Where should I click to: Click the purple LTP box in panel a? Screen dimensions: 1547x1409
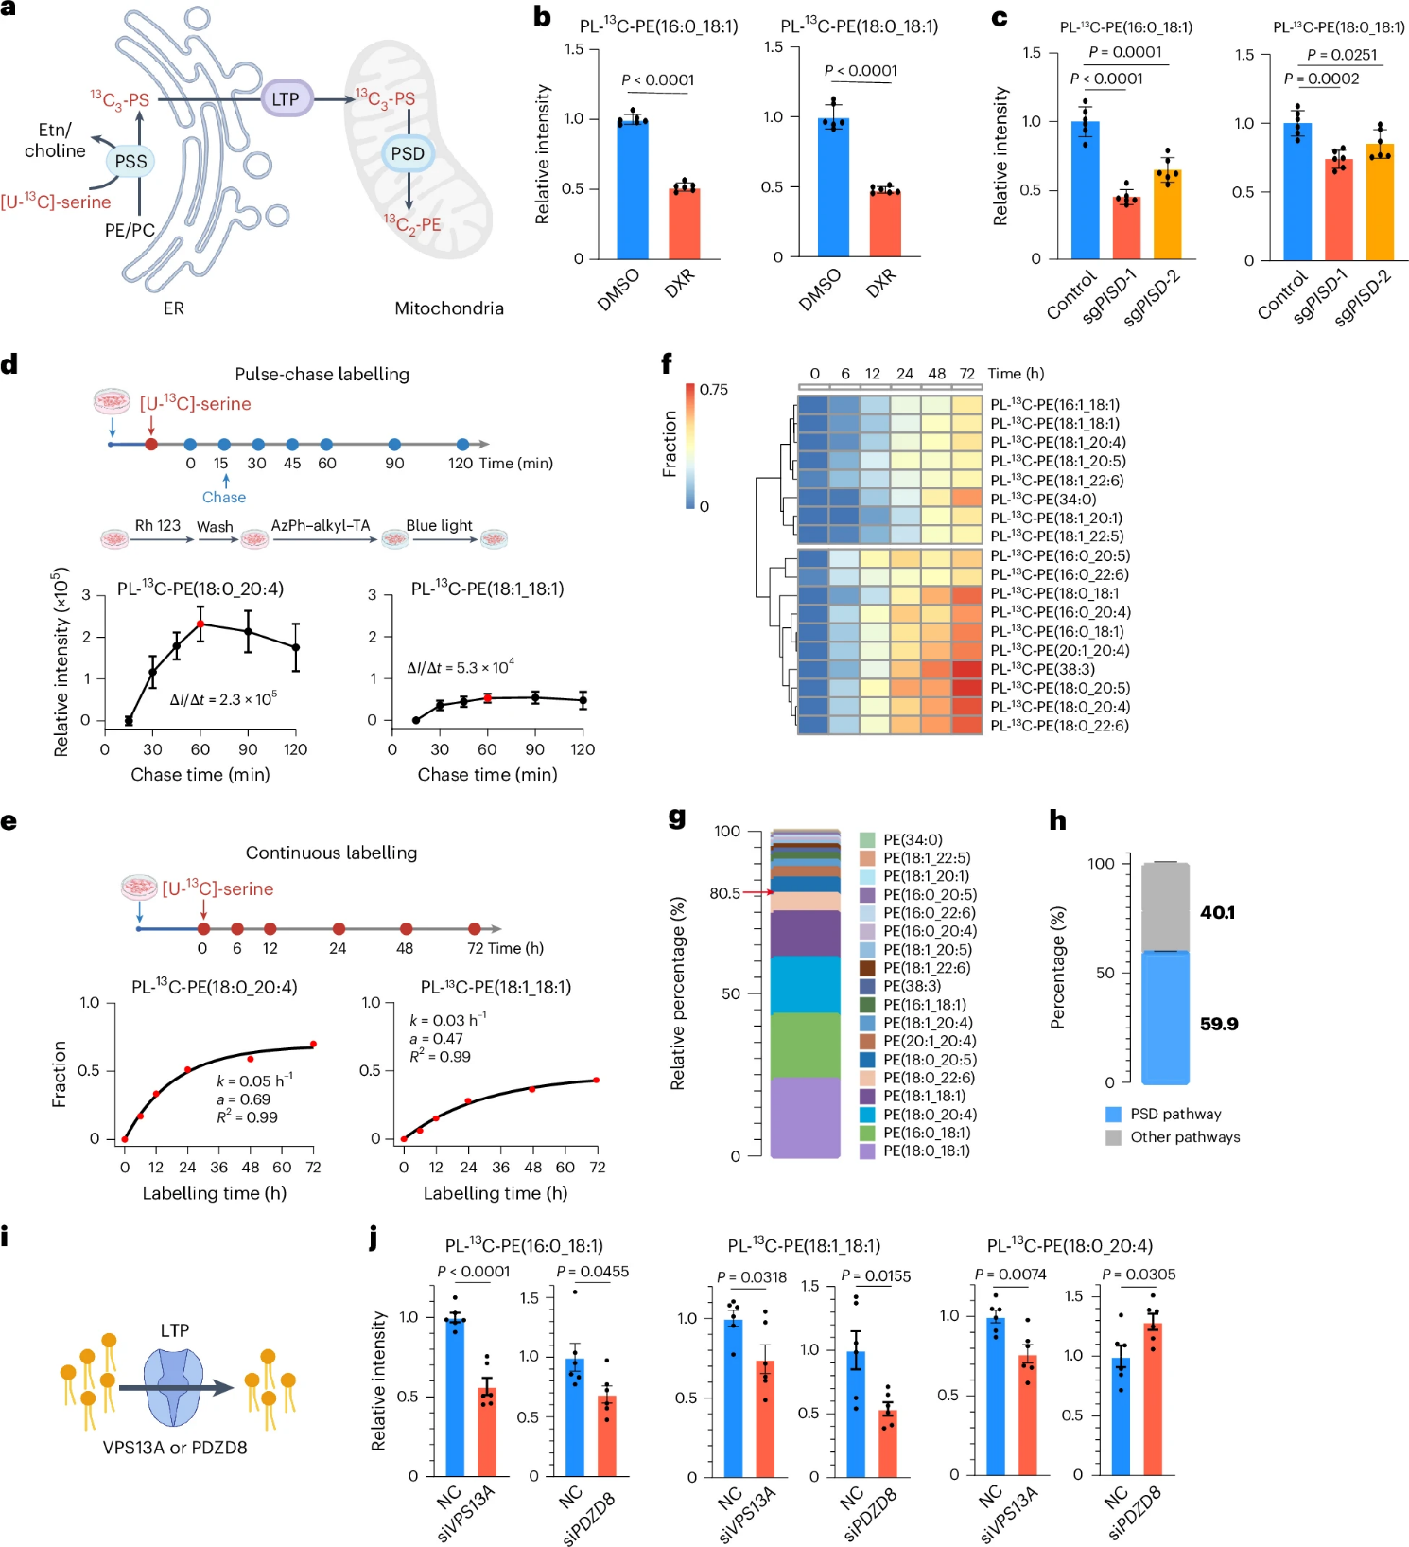286,98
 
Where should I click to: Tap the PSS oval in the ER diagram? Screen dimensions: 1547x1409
130,161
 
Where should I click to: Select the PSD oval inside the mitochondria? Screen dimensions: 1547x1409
408,153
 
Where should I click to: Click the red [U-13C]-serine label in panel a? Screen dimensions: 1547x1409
56,202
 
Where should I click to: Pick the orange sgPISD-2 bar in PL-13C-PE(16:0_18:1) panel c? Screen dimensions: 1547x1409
1167,214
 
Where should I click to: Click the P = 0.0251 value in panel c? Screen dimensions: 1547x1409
1342,55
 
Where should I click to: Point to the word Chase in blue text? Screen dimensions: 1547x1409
224,497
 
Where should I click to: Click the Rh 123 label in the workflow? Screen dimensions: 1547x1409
157,525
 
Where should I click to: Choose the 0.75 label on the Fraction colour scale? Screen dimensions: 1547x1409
714,390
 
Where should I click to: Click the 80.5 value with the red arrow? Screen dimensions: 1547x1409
725,893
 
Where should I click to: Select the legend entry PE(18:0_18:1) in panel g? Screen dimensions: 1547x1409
926,1151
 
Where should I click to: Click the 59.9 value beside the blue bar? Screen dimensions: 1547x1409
1219,1024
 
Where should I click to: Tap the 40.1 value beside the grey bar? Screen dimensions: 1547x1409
1217,912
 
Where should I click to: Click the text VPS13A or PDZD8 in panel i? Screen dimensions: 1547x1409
175,1447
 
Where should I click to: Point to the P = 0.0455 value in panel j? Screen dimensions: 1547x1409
593,1272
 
